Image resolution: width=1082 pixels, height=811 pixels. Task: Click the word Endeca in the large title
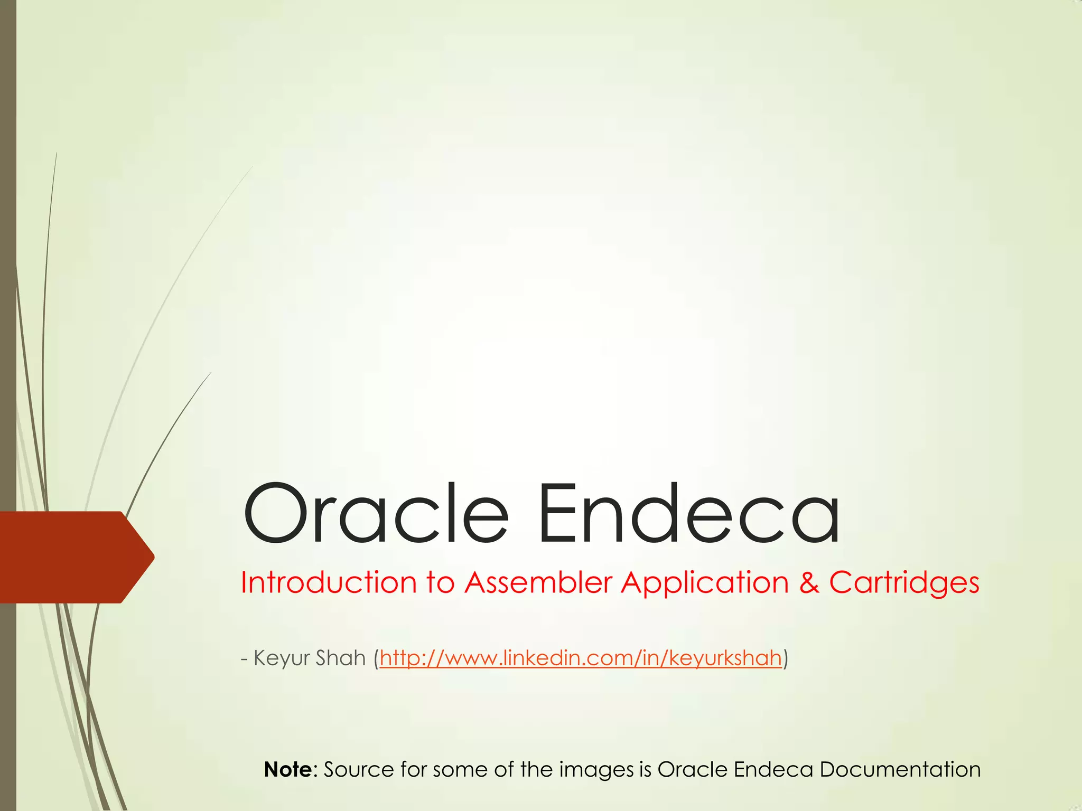(x=688, y=513)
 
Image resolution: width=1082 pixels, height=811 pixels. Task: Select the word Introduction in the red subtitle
(x=328, y=583)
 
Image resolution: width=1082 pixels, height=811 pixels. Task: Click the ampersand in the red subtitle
(x=808, y=583)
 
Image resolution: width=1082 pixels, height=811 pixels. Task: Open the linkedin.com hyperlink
(x=580, y=658)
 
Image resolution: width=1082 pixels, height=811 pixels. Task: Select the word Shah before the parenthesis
(x=341, y=658)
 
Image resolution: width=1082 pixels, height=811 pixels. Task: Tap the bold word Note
(x=288, y=769)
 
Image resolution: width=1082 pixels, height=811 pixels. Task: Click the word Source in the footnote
(x=359, y=769)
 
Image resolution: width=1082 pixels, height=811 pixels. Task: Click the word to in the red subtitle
(x=440, y=583)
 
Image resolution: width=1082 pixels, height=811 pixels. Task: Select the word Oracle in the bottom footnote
(x=692, y=769)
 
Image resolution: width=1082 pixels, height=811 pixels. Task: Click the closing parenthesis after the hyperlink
(x=785, y=658)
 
